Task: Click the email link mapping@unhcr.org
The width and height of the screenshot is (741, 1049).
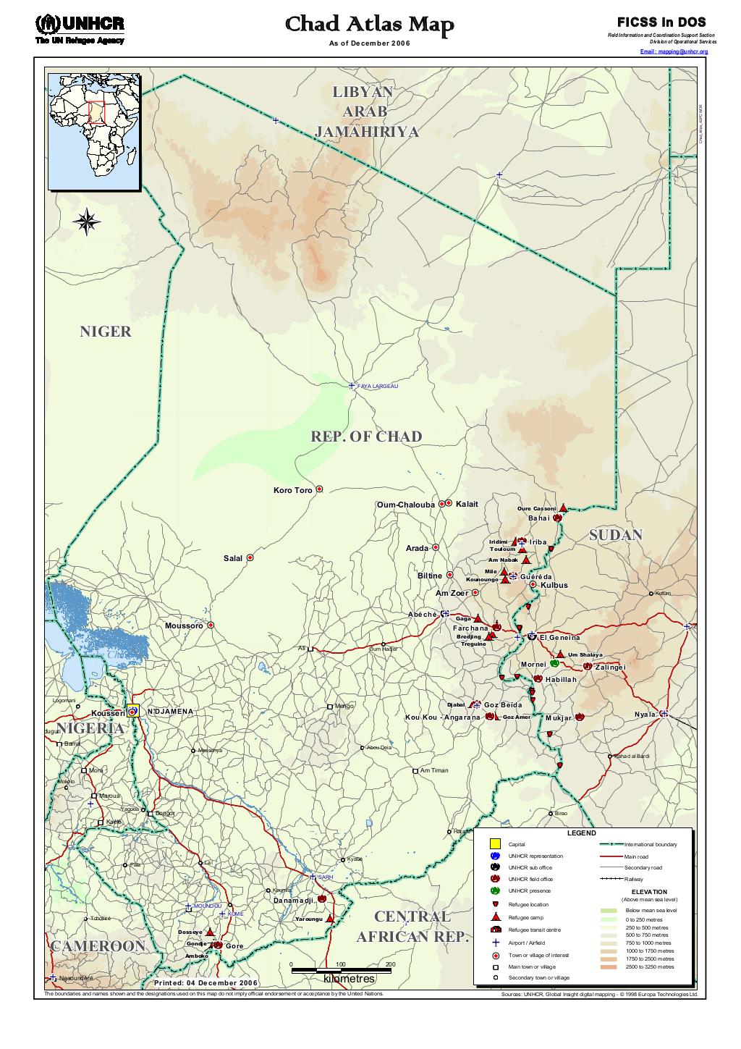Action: (x=674, y=52)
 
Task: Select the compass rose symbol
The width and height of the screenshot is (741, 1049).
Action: (x=87, y=222)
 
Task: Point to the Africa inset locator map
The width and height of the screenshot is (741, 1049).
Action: (x=94, y=132)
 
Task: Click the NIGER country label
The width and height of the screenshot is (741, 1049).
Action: (x=106, y=332)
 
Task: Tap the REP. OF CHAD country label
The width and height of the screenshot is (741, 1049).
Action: (x=366, y=437)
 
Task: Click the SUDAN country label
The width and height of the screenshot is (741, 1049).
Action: (x=615, y=535)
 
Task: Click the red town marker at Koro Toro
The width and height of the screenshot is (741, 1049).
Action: (x=319, y=490)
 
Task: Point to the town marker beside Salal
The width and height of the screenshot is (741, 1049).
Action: (x=250, y=558)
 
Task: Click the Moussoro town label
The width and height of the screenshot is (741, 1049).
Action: (x=184, y=625)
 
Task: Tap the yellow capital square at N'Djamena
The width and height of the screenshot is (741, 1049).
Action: (x=132, y=711)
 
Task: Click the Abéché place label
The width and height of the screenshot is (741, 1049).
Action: (x=422, y=614)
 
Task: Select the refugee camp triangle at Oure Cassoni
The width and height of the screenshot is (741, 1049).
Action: (x=563, y=508)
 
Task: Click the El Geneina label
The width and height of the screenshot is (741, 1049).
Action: (x=559, y=638)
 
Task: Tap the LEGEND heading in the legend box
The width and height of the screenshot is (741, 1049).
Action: (x=581, y=833)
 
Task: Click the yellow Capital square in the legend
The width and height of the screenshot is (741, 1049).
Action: (x=495, y=844)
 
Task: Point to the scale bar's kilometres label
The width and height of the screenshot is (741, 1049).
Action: (x=350, y=979)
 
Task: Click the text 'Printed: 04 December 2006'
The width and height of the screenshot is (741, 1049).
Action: (x=206, y=983)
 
